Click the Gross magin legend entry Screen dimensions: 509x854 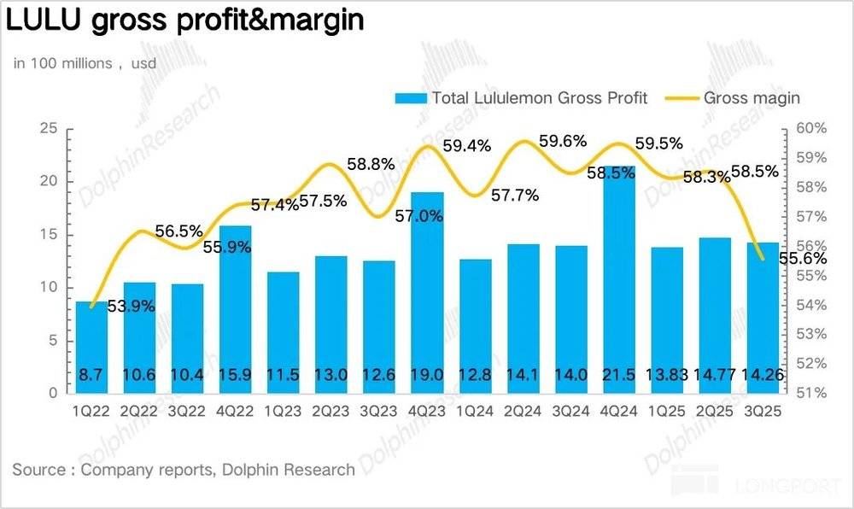[x=751, y=97]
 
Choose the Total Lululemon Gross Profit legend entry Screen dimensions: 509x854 [x=539, y=97]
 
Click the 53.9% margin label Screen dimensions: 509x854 [x=130, y=305]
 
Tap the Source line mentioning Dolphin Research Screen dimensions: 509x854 [x=184, y=469]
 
